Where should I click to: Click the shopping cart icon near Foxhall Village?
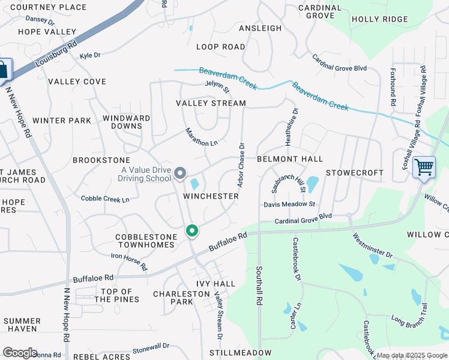pos(424,166)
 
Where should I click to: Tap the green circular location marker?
pos(192,230)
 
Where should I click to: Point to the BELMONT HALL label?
pos(290,159)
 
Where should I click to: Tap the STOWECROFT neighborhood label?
pos(354,173)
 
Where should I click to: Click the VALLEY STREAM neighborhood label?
pos(211,103)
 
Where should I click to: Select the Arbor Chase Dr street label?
pos(241,163)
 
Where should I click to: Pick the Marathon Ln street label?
pos(201,138)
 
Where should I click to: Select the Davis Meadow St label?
pos(289,205)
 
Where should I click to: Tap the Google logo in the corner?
pos(20,353)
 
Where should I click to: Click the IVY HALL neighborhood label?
pos(215,283)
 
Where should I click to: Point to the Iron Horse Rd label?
pos(129,261)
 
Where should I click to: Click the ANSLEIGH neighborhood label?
pos(260,28)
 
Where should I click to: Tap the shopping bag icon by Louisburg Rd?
pos(4,70)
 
